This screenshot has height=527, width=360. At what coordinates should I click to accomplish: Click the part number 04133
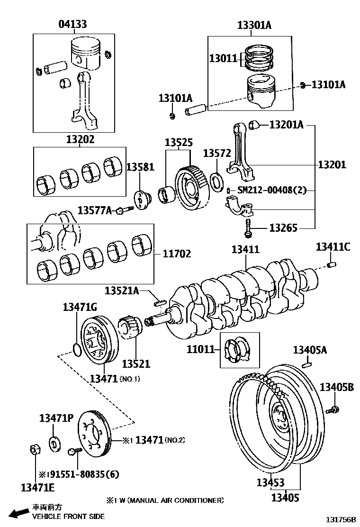[x=72, y=24]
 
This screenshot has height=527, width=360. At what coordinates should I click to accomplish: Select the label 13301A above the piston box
[x=254, y=25]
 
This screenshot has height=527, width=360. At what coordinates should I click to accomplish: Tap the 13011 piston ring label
[x=223, y=58]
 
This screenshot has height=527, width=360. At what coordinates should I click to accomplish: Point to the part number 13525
[x=179, y=143]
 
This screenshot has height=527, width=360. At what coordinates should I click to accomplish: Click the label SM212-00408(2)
[x=272, y=190]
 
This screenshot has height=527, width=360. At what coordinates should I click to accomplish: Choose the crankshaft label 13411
[x=245, y=249]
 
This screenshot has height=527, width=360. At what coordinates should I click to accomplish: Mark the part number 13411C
[x=333, y=247]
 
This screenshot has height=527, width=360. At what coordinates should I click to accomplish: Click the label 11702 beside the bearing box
[x=177, y=254]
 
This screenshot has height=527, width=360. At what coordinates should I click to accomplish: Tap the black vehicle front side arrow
[x=18, y=513]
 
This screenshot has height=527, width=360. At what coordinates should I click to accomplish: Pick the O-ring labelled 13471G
[x=77, y=350]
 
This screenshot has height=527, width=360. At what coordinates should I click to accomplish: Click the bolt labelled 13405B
[x=333, y=409]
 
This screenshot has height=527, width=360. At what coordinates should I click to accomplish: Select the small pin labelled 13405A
[x=307, y=364]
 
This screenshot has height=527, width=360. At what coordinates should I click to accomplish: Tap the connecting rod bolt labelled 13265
[x=247, y=227]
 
